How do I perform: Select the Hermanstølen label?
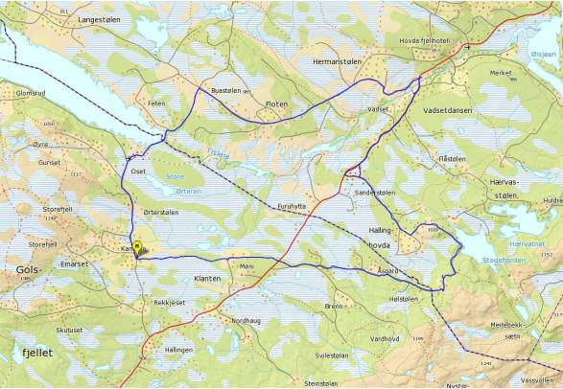pos(338,60)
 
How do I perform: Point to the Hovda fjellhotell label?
pos(435,41)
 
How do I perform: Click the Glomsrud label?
pos(32,93)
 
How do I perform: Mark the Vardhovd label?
pos(384,337)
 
